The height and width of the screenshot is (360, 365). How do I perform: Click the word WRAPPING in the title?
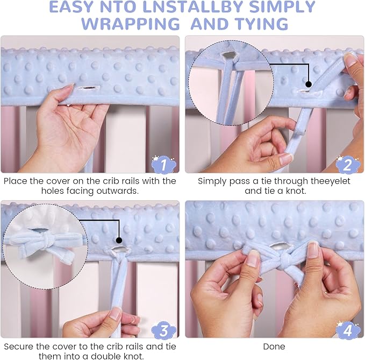[x=131, y=24]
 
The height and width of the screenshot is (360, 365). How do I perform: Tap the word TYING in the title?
[x=261, y=24]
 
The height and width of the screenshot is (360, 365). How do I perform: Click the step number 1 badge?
[x=163, y=164]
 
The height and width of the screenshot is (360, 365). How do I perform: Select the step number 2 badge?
[x=348, y=164]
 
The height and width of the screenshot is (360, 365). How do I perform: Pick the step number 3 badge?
[x=163, y=330]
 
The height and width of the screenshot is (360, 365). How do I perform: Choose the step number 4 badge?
[x=348, y=330]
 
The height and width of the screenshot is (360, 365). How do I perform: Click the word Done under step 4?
[x=274, y=347]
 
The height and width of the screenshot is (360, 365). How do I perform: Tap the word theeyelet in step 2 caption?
[x=330, y=181]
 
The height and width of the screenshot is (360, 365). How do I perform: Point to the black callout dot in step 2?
[x=309, y=84]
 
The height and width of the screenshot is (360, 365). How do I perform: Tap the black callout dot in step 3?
[x=119, y=240]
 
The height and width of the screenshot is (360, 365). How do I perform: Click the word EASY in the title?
[x=71, y=7]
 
